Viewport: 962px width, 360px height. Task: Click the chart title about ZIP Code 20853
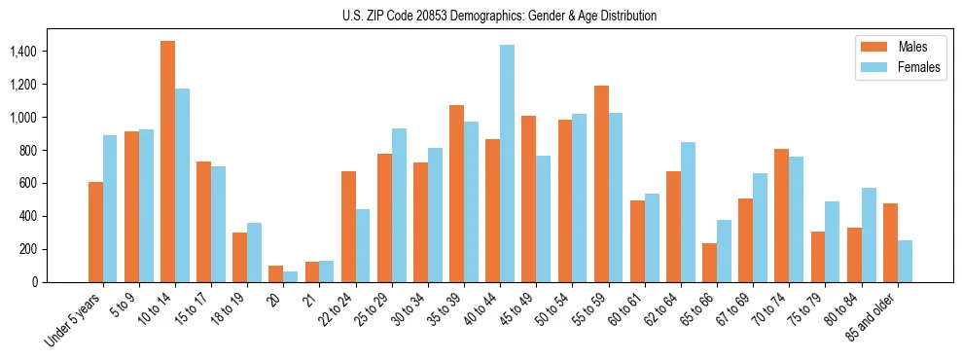(499, 16)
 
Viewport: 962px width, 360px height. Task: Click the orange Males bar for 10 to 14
(168, 162)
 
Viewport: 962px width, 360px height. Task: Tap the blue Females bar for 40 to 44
(508, 163)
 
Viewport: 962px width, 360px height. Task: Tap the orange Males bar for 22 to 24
(348, 227)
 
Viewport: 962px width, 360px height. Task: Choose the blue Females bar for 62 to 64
(689, 212)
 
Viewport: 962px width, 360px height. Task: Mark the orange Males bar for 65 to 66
(710, 263)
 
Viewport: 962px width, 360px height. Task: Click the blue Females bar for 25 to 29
(399, 205)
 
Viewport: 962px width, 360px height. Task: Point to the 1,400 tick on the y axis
(40, 51)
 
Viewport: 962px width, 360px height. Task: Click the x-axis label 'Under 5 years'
(74, 317)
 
